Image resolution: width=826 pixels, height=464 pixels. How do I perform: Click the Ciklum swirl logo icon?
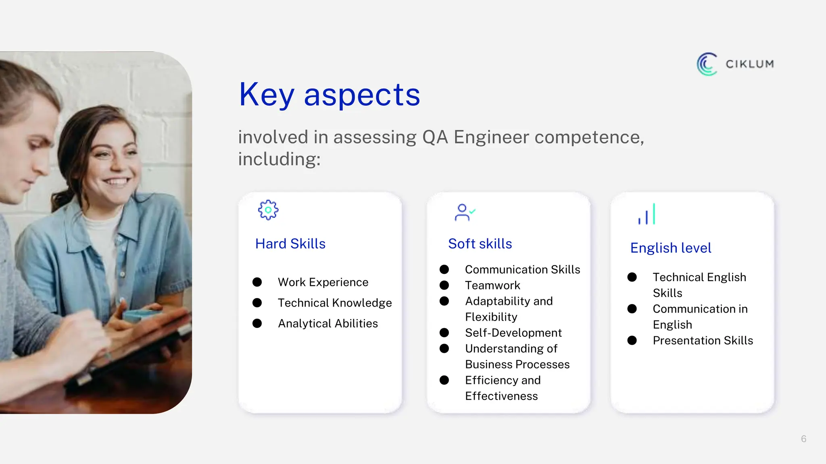[x=707, y=64]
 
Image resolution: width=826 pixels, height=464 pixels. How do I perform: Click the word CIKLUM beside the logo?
[x=749, y=64]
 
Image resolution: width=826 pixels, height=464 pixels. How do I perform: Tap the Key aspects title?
[x=329, y=95]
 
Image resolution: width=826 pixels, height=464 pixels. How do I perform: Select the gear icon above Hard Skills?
[x=268, y=210]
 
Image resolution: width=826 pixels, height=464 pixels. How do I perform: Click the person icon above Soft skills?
[x=463, y=213]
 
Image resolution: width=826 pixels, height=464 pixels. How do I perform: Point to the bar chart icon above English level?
[x=647, y=214]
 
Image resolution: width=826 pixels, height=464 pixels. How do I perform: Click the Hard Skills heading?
[x=290, y=244]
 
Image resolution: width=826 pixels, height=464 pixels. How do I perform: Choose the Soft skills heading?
[x=480, y=244]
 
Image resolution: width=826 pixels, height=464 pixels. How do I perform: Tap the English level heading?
[x=670, y=248]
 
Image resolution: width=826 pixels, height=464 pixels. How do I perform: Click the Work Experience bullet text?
[x=323, y=282]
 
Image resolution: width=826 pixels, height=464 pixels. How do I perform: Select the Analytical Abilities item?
[x=327, y=323]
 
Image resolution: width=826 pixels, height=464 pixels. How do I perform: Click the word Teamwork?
[x=492, y=285]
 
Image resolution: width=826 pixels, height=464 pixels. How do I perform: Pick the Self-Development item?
[x=513, y=333]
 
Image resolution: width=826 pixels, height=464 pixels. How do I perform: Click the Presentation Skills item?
[x=703, y=340]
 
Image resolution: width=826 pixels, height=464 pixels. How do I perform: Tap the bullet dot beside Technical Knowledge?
[x=257, y=302]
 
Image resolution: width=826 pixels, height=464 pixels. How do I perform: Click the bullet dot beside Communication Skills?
[x=444, y=269]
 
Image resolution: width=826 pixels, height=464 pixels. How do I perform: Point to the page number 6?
[x=803, y=439]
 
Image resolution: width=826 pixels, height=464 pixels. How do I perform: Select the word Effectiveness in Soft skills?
[x=501, y=396]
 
